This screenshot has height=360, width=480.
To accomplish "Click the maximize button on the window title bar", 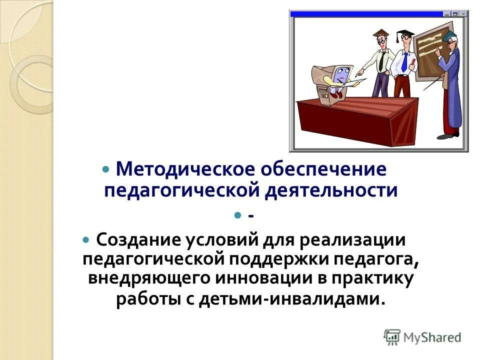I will pyautogui.click(x=455, y=14).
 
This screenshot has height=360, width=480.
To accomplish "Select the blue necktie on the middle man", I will pyautogui.click(x=404, y=62).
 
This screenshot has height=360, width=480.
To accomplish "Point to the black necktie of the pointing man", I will pyautogui.click(x=381, y=61).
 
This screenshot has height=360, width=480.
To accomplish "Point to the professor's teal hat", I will pyautogui.click(x=450, y=35).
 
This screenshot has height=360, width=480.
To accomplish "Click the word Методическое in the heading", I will pyautogui.click(x=184, y=169).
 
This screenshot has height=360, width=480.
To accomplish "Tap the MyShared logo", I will pyautogui.click(x=422, y=337).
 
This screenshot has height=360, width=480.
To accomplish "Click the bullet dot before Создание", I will pyautogui.click(x=86, y=240).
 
